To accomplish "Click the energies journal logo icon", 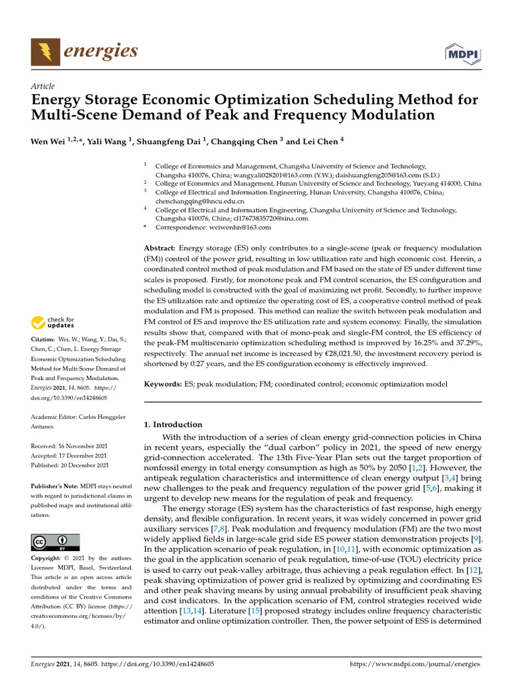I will click(44, 51).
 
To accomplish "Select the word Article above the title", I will click(43, 86).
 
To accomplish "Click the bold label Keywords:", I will click(163, 385).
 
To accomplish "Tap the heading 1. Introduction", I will click(173, 424).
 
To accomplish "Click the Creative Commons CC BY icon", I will click(55, 542).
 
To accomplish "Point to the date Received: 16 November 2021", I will click(69, 446).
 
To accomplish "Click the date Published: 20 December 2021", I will click(69, 465).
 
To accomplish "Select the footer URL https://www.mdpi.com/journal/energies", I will click(415, 665).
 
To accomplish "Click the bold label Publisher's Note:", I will click(56, 487).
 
